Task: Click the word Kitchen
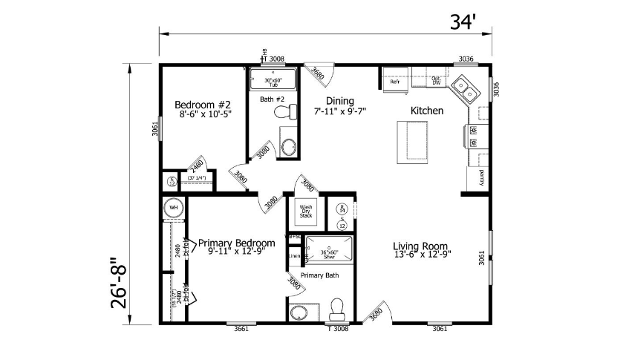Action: [x=427, y=111]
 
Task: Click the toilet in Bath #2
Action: [x=283, y=112]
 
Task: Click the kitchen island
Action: [x=414, y=142]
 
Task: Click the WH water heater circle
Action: [x=174, y=209]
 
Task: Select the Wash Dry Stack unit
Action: [x=305, y=210]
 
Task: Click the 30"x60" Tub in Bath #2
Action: [x=273, y=79]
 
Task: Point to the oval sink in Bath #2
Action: [x=288, y=147]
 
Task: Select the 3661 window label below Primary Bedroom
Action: [x=241, y=328]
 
